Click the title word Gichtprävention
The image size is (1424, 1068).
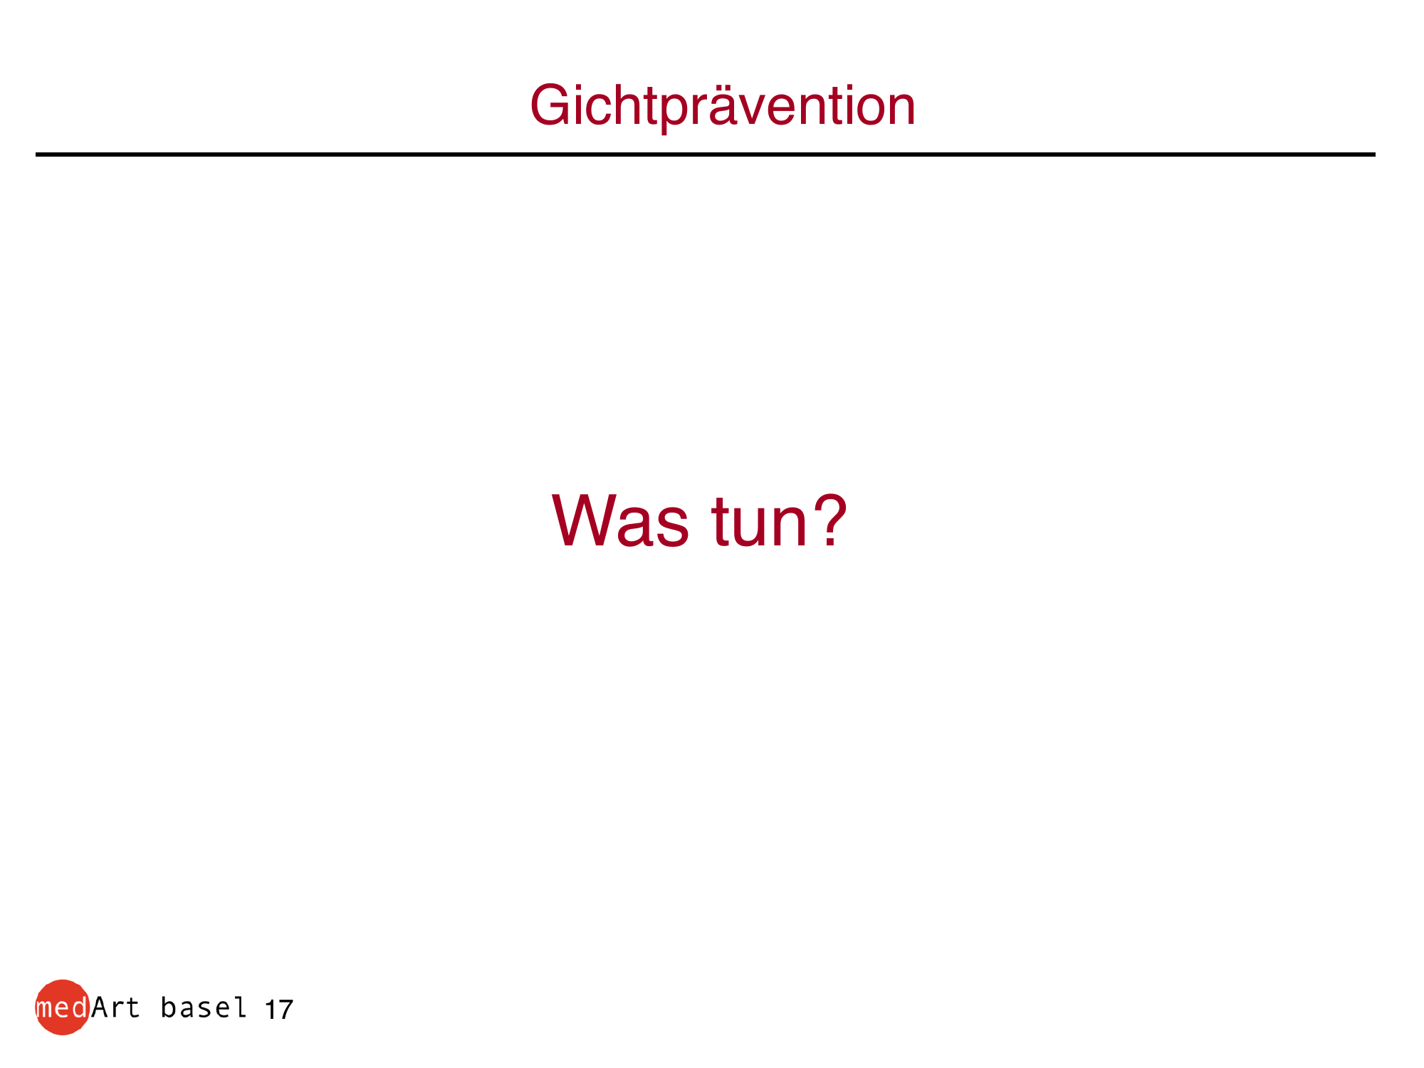(x=723, y=107)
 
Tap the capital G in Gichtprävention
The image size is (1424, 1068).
(x=551, y=105)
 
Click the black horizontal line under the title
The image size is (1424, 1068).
(x=706, y=154)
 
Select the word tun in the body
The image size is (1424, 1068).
(x=759, y=524)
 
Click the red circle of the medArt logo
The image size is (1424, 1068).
(x=63, y=1007)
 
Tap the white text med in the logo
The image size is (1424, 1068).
(x=61, y=1007)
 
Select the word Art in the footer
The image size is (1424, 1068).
(x=115, y=1007)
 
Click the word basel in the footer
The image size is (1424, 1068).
(x=204, y=1007)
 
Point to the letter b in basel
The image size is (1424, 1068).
(x=169, y=1007)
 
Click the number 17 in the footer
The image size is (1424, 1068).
(x=279, y=1010)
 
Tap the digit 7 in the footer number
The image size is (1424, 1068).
(x=285, y=1010)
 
